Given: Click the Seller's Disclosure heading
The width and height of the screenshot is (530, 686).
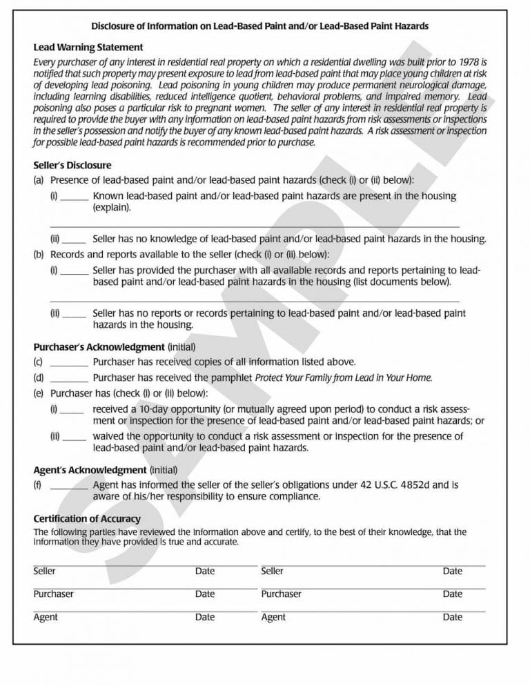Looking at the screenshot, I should (x=72, y=166).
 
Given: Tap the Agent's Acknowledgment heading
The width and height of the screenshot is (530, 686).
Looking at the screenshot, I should (x=90, y=470).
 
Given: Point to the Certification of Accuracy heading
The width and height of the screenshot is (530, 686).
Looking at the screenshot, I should (x=87, y=518).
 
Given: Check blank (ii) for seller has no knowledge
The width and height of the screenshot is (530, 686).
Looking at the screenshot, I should (x=75, y=240).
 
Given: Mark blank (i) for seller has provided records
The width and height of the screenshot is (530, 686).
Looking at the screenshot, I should (x=75, y=271).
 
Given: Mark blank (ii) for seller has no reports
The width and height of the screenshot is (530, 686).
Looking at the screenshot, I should (x=75, y=314).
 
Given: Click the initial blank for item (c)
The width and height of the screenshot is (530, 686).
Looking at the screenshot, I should (x=69, y=362).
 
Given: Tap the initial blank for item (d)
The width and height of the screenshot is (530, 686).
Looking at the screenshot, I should (x=69, y=378).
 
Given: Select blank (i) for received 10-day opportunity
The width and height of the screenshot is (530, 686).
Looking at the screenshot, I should (x=73, y=410).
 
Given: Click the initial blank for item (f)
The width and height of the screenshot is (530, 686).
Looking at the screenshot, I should (x=69, y=486).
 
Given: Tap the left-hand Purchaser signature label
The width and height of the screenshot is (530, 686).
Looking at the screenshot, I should (x=53, y=594).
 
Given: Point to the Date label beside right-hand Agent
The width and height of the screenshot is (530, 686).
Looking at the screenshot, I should (x=453, y=617).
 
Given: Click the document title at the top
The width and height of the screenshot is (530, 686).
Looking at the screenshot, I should (x=259, y=26).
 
